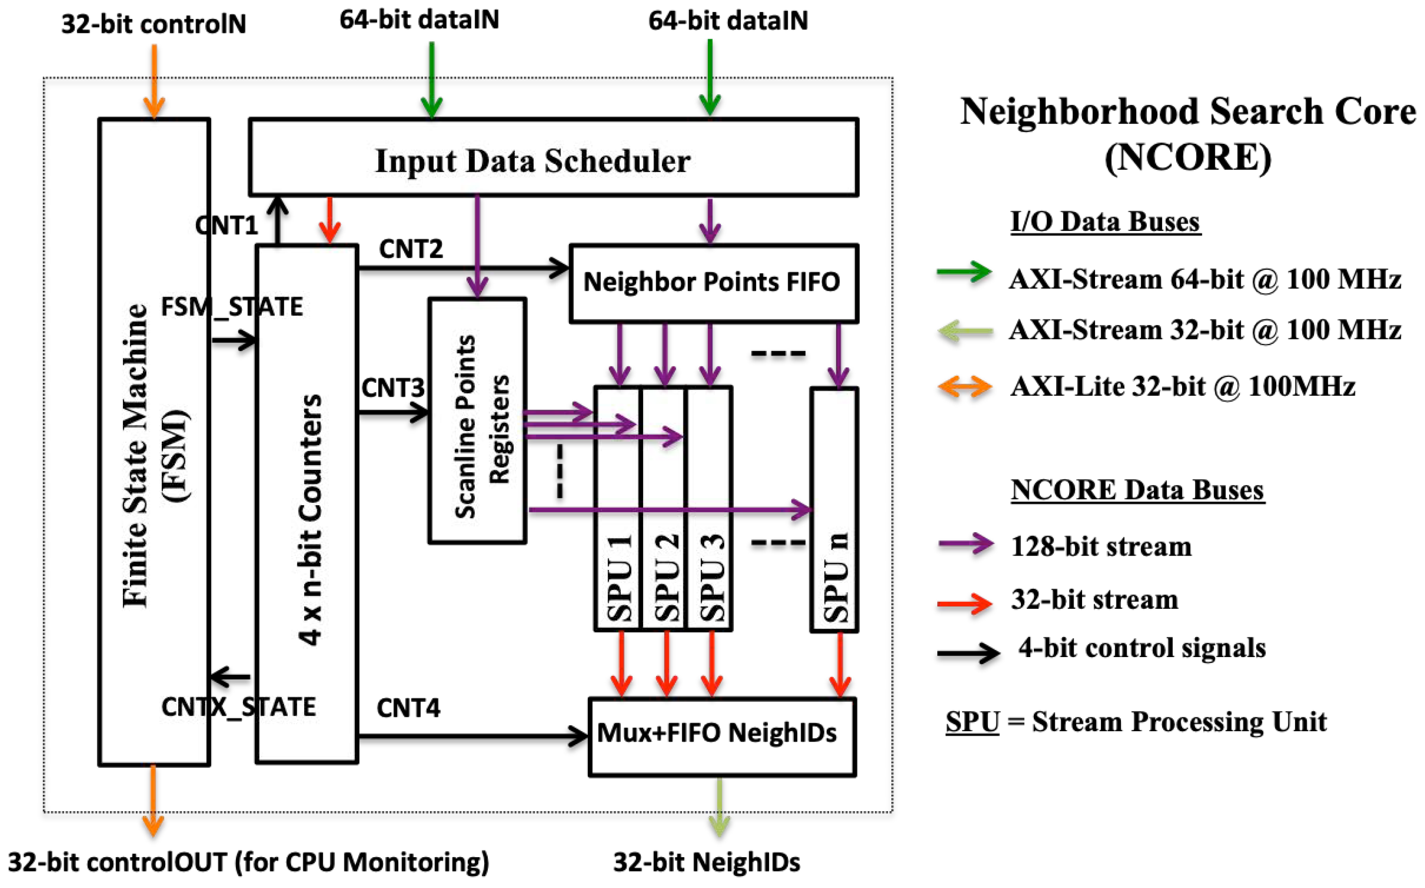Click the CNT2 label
(x=411, y=249)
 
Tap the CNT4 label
(x=408, y=708)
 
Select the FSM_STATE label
(x=232, y=307)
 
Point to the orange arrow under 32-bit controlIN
(x=154, y=82)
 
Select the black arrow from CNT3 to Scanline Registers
(x=392, y=412)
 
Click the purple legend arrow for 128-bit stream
(x=965, y=544)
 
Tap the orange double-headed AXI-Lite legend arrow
(x=965, y=386)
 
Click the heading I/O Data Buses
(x=1105, y=222)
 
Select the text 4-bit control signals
(x=1142, y=648)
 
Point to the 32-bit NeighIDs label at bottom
(x=706, y=862)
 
